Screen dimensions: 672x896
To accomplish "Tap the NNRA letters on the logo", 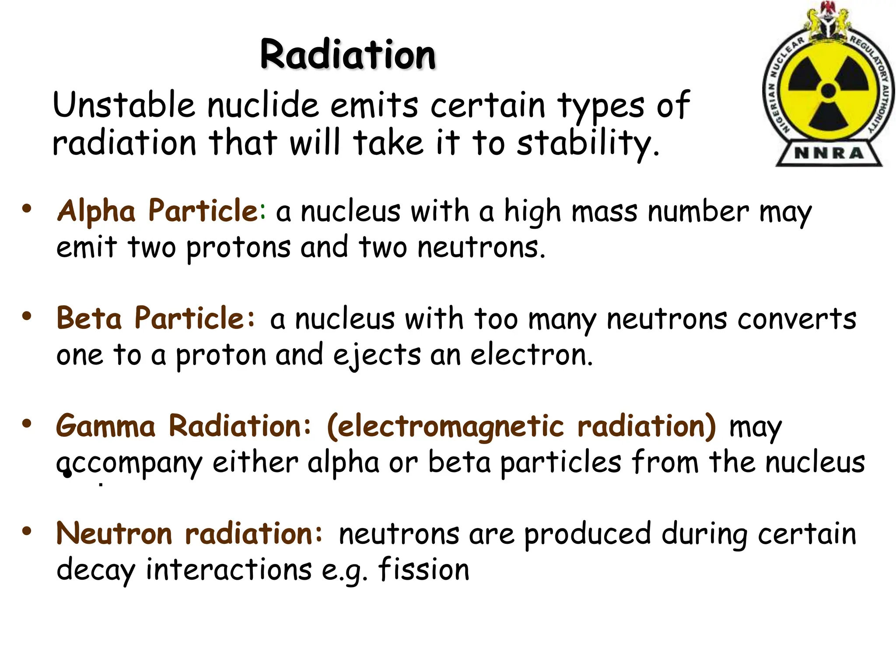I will (x=829, y=153).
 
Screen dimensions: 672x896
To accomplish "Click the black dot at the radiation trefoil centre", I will (x=828, y=91).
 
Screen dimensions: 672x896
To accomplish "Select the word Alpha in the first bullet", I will (x=96, y=212).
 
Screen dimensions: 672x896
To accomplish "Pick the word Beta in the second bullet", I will (x=89, y=318).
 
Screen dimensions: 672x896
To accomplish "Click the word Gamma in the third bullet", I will (x=105, y=426).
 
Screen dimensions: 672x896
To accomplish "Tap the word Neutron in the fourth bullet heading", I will (x=115, y=534).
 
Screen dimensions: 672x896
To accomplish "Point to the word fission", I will (x=423, y=570).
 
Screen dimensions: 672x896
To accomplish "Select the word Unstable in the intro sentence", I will (x=124, y=105).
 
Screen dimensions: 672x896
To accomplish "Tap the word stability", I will (x=588, y=143).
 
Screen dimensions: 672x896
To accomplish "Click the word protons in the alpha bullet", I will (x=238, y=248).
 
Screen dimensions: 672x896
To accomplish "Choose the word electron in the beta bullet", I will (x=531, y=355).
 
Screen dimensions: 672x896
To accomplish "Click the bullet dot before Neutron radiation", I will (x=27, y=531).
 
